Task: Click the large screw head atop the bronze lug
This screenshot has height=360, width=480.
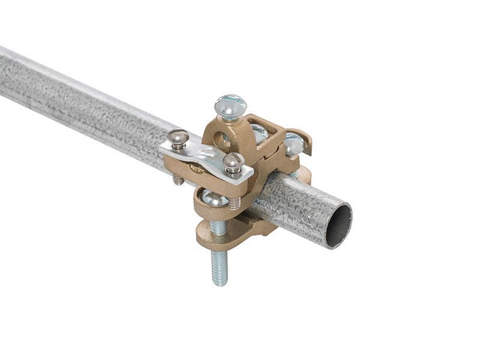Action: point(230,106)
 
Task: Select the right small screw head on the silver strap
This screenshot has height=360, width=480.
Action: point(233,161)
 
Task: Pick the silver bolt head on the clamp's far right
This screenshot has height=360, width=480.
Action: point(293,144)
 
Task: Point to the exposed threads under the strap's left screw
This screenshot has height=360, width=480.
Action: point(178,179)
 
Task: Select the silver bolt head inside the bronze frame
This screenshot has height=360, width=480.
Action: point(259,133)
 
